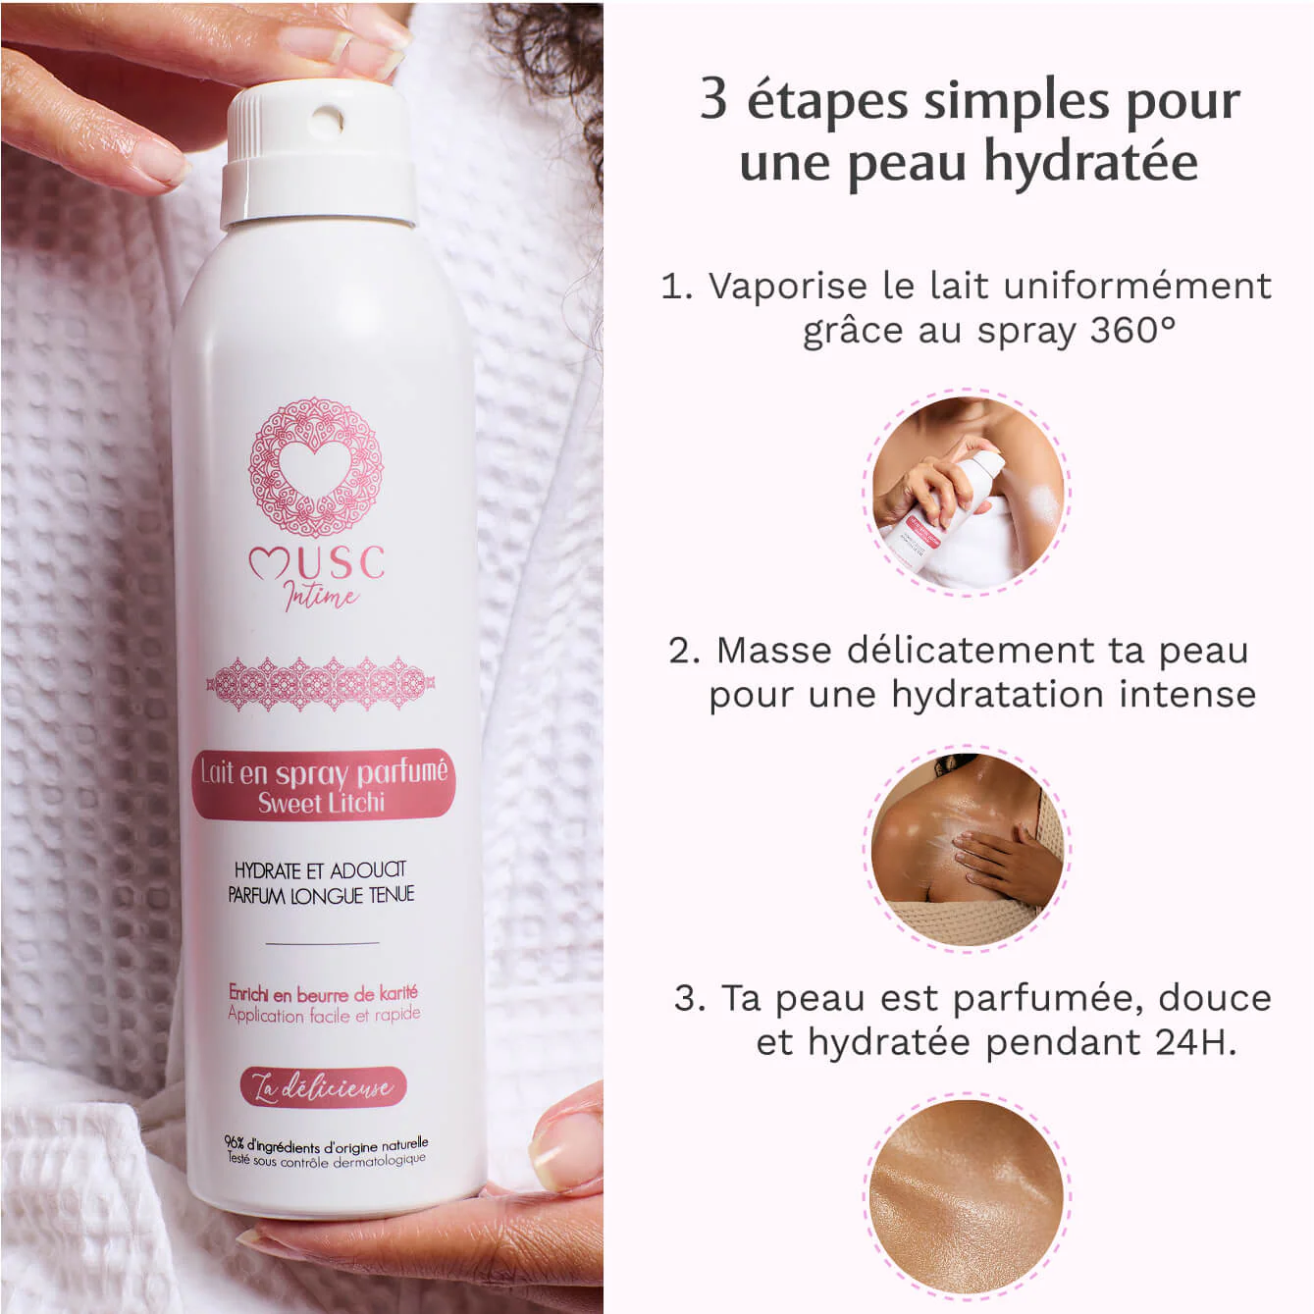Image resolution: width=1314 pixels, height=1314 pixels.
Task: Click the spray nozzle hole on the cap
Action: [326, 123]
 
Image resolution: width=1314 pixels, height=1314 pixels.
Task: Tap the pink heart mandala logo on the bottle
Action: [315, 466]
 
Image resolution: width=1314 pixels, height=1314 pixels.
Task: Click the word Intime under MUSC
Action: [321, 595]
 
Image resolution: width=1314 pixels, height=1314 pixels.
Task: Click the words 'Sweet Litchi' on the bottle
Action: [322, 803]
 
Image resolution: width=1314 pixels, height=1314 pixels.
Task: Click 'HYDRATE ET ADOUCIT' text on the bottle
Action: [320, 869]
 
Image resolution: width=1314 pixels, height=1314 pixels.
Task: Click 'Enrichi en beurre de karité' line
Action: [323, 993]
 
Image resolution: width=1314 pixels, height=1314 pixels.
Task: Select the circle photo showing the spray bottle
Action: [967, 493]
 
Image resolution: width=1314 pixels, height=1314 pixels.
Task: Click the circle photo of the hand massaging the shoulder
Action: [967, 849]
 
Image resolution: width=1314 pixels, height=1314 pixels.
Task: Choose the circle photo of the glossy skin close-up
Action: [967, 1197]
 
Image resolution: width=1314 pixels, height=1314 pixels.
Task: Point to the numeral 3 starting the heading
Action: [713, 100]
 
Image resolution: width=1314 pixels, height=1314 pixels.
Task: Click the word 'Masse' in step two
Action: [774, 650]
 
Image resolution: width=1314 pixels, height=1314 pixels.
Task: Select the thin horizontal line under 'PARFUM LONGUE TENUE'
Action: [322, 943]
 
